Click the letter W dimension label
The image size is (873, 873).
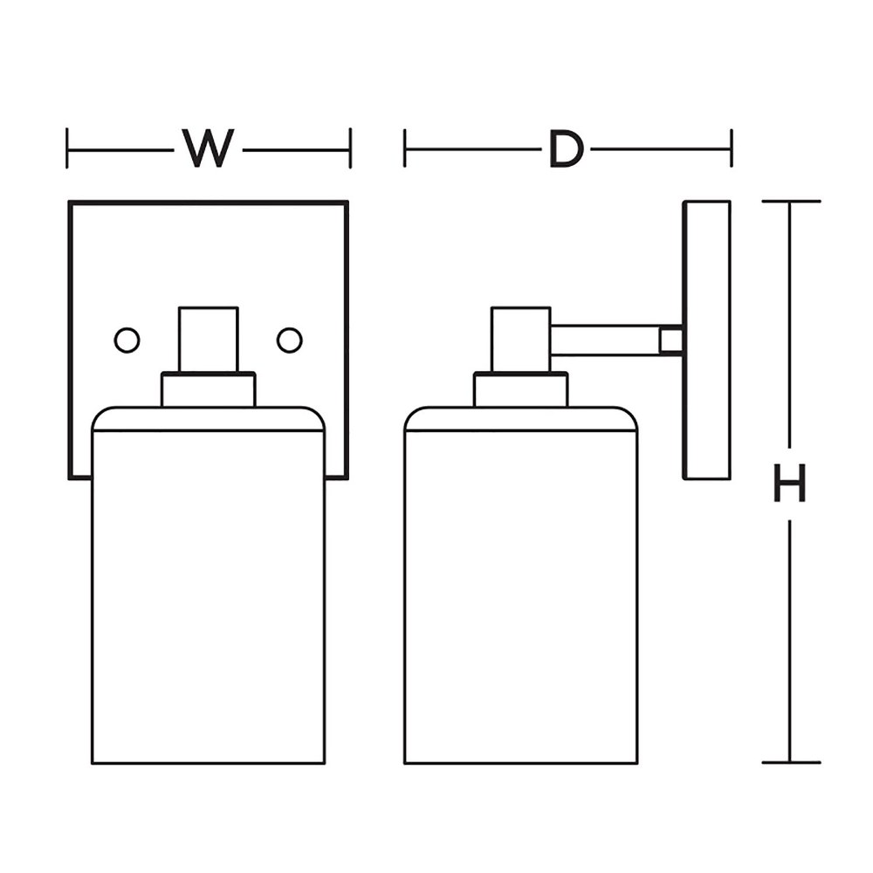point(208,148)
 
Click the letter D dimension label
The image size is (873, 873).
point(567,148)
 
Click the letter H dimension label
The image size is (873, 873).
point(789,484)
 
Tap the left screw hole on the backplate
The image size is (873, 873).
point(127,340)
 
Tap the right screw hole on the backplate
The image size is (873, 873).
point(290,340)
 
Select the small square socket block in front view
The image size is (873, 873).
point(209,340)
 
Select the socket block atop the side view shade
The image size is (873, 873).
point(520,340)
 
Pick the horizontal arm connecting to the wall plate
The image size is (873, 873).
point(605,340)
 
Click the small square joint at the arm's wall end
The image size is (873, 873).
point(671,340)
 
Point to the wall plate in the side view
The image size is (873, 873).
point(706,340)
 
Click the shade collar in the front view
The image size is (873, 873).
point(209,389)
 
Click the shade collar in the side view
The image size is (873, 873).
point(520,389)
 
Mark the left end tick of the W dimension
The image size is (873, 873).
point(67,148)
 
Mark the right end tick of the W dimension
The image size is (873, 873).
point(350,148)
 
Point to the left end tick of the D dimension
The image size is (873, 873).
point(405,148)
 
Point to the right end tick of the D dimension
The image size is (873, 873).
point(732,148)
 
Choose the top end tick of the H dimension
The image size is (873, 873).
point(791,201)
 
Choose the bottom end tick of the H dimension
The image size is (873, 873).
point(791,762)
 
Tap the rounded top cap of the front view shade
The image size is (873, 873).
point(209,419)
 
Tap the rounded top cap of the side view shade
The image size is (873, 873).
point(520,419)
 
